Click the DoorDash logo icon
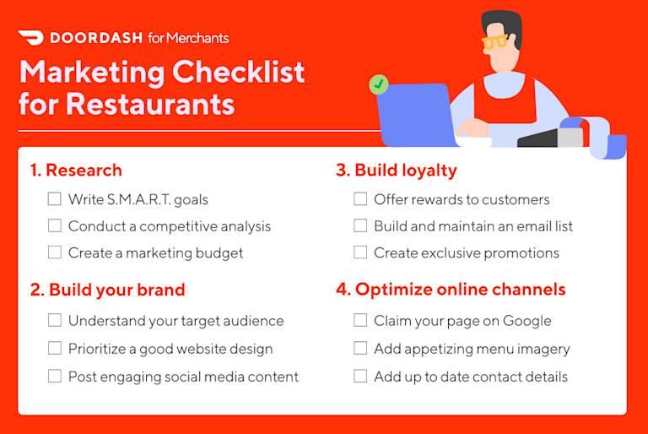click(30, 38)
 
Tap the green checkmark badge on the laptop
click(379, 84)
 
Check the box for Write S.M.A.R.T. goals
click(55, 199)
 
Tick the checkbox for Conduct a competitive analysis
click(55, 226)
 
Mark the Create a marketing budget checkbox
click(55, 252)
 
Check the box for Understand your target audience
click(55, 321)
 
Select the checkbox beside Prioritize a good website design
click(55, 349)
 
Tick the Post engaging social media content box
click(55, 377)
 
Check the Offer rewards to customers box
click(360, 199)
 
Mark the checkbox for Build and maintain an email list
click(360, 226)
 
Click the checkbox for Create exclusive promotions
click(360, 252)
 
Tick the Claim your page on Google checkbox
click(360, 321)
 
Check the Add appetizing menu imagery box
click(360, 349)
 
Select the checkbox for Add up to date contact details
click(360, 377)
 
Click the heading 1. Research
click(76, 171)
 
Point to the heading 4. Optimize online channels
click(451, 290)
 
